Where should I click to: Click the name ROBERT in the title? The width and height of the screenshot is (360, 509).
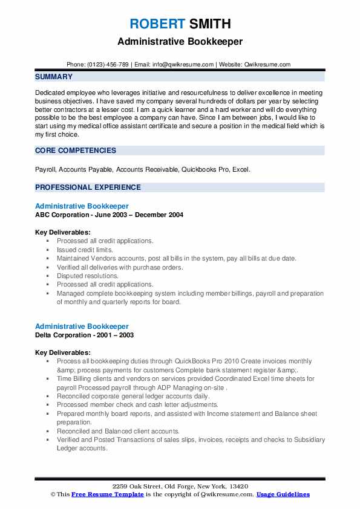[x=156, y=24]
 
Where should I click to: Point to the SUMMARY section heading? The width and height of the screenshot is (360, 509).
[x=54, y=77]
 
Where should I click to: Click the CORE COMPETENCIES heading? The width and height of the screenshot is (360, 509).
[x=76, y=151]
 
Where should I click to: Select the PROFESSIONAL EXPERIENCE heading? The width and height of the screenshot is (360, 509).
[x=88, y=187]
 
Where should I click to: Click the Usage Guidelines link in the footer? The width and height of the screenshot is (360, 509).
[x=283, y=494]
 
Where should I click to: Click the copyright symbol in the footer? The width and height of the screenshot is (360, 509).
[x=53, y=494]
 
